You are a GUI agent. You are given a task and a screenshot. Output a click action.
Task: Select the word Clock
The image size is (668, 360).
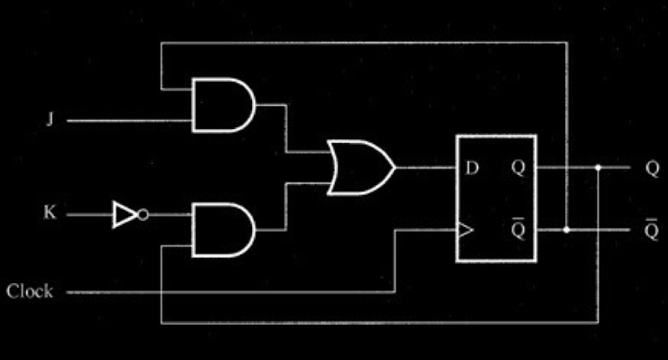pos(30,292)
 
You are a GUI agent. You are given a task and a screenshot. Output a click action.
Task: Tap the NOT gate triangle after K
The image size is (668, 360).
pos(124,215)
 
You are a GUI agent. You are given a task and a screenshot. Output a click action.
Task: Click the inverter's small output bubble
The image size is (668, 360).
pos(143,215)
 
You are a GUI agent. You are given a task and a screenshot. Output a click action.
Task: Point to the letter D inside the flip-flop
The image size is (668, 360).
pos(472,167)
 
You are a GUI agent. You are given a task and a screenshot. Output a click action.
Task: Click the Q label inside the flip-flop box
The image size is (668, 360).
pos(518,167)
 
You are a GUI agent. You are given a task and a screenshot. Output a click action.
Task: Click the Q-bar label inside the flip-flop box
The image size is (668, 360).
pos(518,228)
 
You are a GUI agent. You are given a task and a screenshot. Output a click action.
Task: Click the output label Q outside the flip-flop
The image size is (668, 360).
pos(652,167)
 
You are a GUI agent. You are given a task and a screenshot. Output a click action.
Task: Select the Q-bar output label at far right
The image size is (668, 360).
pos(652,228)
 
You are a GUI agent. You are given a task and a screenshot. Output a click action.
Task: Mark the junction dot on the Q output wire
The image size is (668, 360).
pos(599,167)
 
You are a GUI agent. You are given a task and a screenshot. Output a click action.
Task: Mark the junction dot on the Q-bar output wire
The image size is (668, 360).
pos(568,229)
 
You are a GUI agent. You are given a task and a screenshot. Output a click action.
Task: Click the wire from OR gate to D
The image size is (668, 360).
pos(424,167)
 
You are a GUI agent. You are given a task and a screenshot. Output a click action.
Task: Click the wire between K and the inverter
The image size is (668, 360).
pos(88,215)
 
